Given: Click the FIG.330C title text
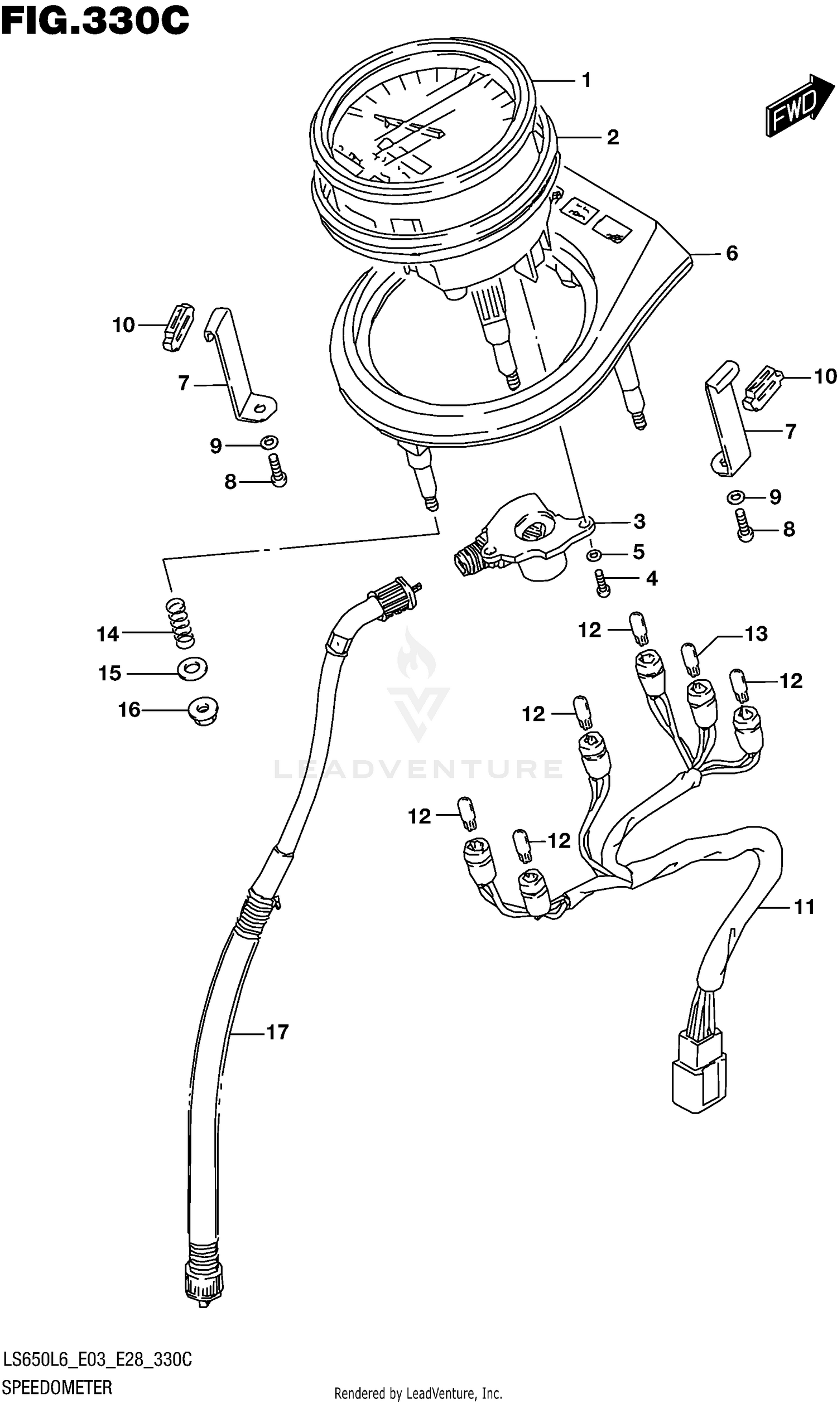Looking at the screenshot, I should (94, 21).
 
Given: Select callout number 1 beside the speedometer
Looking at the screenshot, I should (586, 81).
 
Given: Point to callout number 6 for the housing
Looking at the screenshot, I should (732, 254).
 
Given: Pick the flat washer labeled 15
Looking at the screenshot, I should (193, 669).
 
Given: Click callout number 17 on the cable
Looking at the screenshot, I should (277, 1032).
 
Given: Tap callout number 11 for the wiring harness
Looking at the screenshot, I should (804, 907).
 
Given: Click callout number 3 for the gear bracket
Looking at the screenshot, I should (639, 521).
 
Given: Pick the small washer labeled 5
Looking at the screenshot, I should (593, 555).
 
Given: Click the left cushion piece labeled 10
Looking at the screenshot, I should (177, 327).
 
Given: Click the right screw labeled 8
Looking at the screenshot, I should (744, 524).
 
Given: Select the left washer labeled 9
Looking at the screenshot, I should (269, 443).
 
